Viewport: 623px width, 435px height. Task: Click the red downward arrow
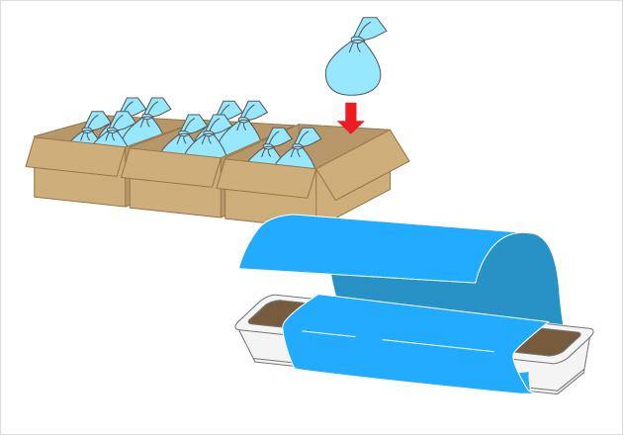point(350,118)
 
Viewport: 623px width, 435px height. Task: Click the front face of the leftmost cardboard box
point(79,186)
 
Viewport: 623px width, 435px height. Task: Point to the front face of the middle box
point(174,195)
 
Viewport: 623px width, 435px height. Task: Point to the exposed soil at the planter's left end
point(269,314)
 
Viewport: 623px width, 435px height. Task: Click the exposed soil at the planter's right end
point(548,342)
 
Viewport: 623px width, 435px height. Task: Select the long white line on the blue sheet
point(436,345)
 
